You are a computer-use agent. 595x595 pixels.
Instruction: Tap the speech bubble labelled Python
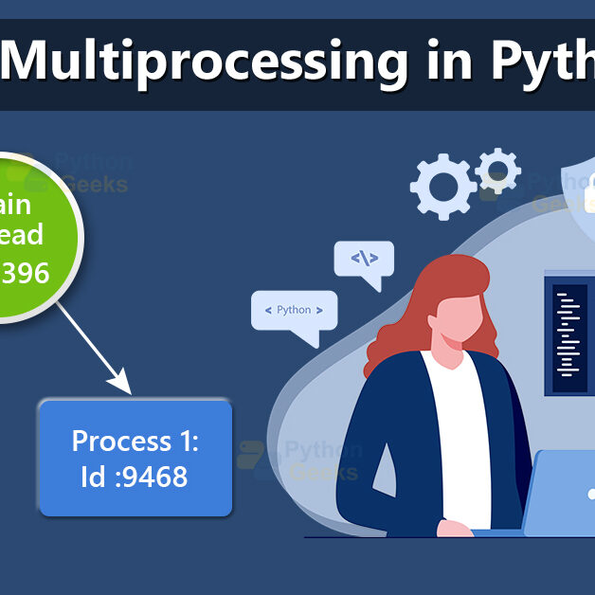pyautogui.click(x=294, y=313)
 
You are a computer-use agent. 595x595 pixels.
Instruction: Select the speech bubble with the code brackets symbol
pyautogui.click(x=364, y=260)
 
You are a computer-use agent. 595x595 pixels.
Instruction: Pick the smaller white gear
pyautogui.click(x=496, y=170)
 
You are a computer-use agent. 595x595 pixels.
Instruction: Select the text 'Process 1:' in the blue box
pyautogui.click(x=135, y=442)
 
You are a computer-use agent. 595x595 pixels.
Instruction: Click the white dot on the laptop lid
pyautogui.click(x=590, y=494)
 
